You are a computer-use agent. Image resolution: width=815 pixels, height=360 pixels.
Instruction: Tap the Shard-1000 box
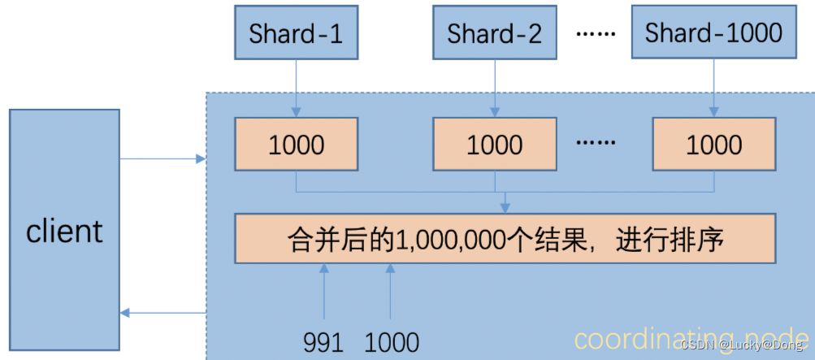(713, 33)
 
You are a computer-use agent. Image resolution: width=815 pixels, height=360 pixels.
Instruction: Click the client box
(64, 232)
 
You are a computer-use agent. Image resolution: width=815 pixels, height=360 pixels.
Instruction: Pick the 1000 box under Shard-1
(296, 145)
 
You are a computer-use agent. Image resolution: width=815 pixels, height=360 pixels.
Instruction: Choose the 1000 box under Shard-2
(494, 145)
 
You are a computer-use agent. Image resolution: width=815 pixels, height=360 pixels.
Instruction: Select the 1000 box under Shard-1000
(713, 145)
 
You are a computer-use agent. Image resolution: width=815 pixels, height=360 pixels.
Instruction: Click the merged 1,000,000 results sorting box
(505, 239)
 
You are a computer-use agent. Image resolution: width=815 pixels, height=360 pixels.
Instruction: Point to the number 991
(323, 342)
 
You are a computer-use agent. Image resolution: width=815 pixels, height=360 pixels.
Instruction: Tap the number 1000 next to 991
(392, 342)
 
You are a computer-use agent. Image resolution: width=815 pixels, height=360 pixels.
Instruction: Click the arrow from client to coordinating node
(163, 159)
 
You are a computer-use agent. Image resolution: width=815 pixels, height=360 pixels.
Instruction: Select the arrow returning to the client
(163, 313)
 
